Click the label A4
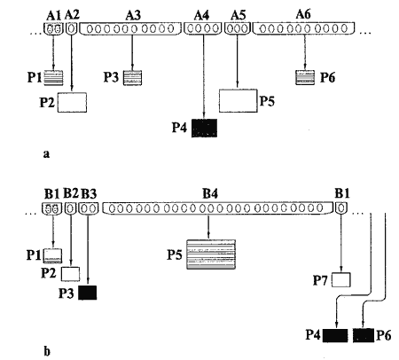(202, 15)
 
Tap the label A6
(303, 14)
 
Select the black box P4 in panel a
(204, 128)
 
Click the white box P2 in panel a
(72, 103)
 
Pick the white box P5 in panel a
(238, 101)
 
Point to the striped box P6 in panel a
(305, 77)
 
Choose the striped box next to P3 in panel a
(132, 78)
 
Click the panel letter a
(46, 154)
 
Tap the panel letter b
(47, 352)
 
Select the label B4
(210, 193)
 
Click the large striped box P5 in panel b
(211, 254)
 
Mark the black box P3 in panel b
(88, 293)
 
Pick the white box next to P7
(341, 280)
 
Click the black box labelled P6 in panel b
(364, 335)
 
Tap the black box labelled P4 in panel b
(335, 335)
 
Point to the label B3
(89, 194)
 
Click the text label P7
(321, 280)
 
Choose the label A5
(239, 15)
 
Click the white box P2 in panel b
(70, 274)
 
